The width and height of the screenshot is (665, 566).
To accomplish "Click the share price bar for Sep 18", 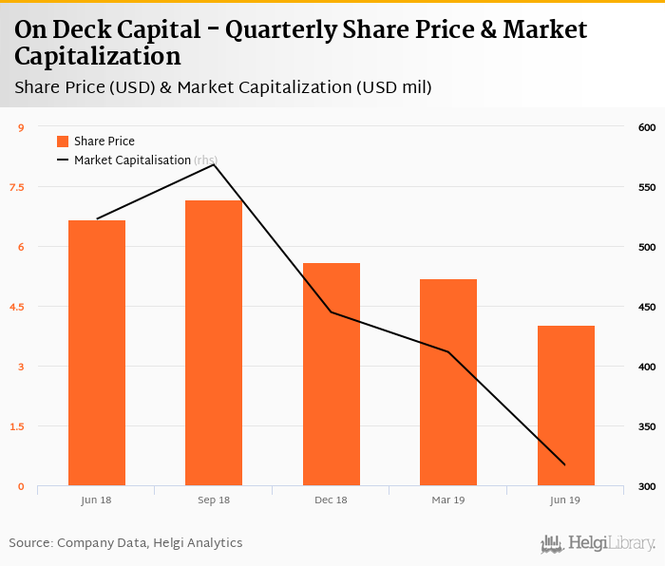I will pyautogui.click(x=214, y=343).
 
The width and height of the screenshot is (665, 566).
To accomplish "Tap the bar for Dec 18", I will pyautogui.click(x=332, y=374).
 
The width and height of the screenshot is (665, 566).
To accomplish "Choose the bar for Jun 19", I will pyautogui.click(x=565, y=406).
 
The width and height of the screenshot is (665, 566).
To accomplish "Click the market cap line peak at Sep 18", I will pyautogui.click(x=214, y=165).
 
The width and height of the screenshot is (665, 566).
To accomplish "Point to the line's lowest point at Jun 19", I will pyautogui.click(x=565, y=465).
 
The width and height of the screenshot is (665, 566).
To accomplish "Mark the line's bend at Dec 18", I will pyautogui.click(x=332, y=311).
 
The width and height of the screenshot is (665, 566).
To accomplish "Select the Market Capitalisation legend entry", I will pyautogui.click(x=132, y=160).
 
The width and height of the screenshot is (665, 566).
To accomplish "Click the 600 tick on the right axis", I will pyautogui.click(x=647, y=127).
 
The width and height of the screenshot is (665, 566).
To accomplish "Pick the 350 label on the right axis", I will pyautogui.click(x=647, y=426).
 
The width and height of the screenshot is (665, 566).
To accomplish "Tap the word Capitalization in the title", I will pyautogui.click(x=98, y=56).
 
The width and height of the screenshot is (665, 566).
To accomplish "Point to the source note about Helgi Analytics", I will pyautogui.click(x=126, y=543).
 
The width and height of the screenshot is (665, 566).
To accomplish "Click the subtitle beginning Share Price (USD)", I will pyautogui.click(x=223, y=87).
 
